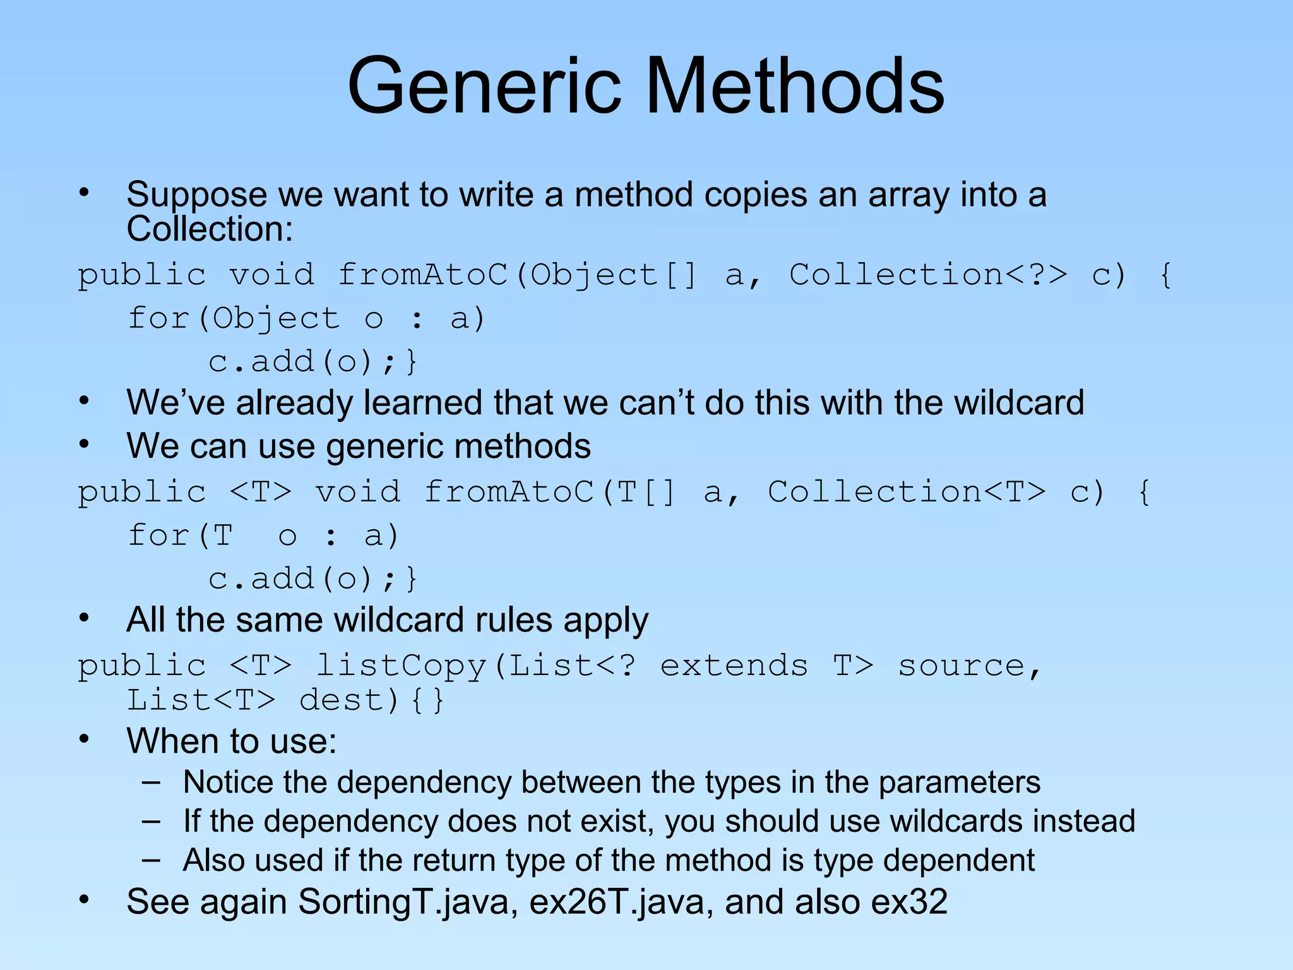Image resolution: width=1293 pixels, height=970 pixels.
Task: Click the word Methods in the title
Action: pyautogui.click(x=794, y=86)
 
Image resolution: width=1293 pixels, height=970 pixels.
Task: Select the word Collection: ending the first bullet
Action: pyautogui.click(x=210, y=229)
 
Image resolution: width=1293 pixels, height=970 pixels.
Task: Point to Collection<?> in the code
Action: pyautogui.click(x=928, y=275)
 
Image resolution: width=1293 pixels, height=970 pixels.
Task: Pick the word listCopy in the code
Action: pyautogui.click(x=401, y=666)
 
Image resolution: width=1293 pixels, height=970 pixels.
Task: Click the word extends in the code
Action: pyautogui.click(x=734, y=666)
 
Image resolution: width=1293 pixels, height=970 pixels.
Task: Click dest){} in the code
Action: pyautogui.click(x=372, y=700)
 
